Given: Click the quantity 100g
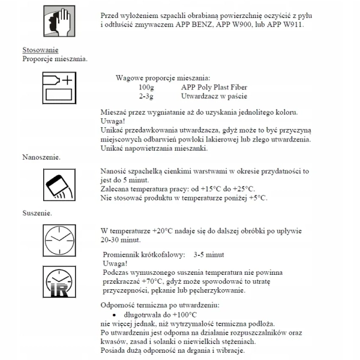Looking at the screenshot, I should (x=146, y=87).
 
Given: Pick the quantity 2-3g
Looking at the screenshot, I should (x=146, y=96).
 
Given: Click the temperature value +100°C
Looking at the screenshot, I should (x=181, y=314).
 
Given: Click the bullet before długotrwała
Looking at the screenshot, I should (x=114, y=314).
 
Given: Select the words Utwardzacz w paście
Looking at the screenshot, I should (x=213, y=96).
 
